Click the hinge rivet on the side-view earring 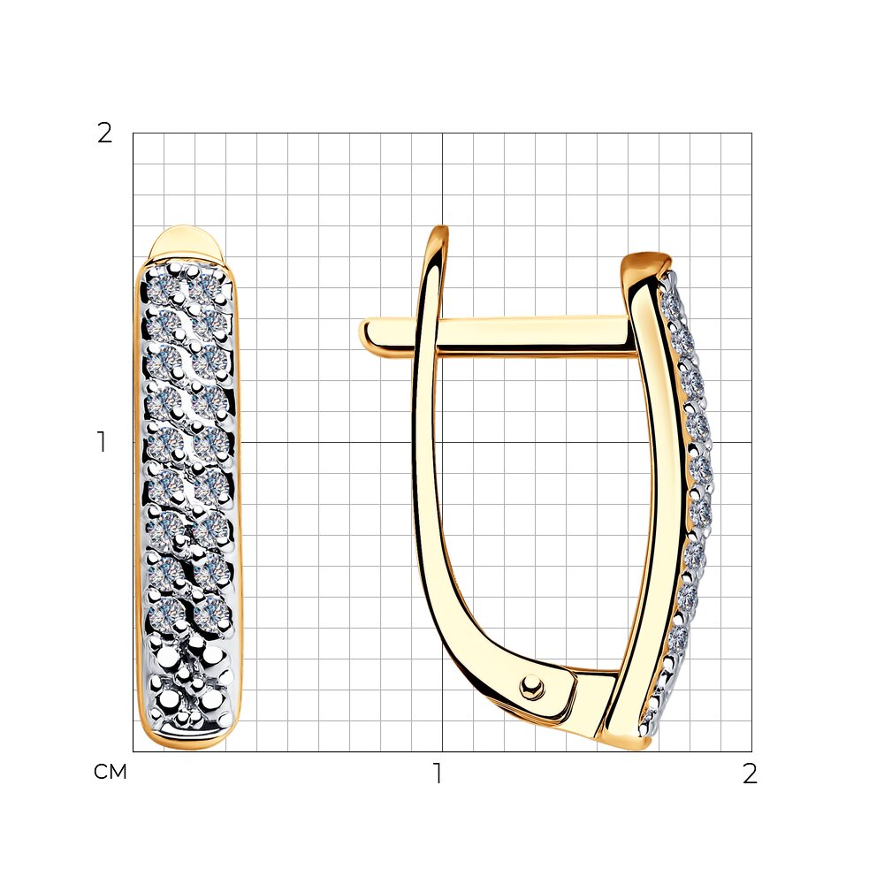531,687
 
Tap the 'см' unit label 110,772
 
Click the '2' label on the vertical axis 105,133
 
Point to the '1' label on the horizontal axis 437,773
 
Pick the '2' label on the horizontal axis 750,773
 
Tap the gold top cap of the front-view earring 185,243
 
